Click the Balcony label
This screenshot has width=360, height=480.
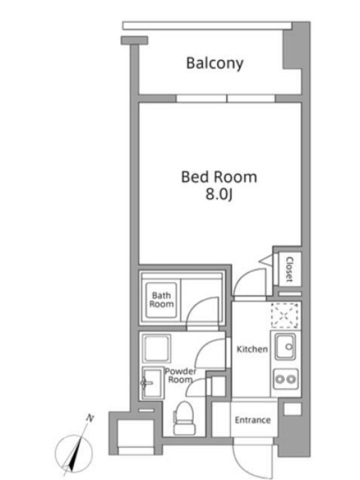pyautogui.click(x=215, y=63)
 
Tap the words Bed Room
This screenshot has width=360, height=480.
pyautogui.click(x=219, y=177)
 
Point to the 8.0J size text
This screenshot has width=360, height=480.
pyautogui.click(x=218, y=194)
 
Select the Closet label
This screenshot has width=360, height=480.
pyautogui.click(x=289, y=269)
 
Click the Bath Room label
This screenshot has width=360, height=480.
pyautogui.click(x=161, y=299)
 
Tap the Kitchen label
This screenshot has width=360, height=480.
pyautogui.click(x=252, y=349)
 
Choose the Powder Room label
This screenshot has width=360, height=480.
pyautogui.click(x=181, y=376)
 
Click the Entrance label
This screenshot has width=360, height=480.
pyautogui.click(x=253, y=419)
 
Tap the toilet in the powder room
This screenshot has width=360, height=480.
pyautogui.click(x=184, y=418)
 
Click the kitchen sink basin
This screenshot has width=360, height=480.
pyautogui.click(x=285, y=347)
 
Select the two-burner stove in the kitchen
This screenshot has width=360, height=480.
pyautogui.click(x=286, y=379)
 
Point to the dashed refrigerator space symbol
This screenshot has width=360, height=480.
pyautogui.click(x=284, y=316)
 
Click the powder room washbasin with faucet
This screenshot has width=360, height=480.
pyautogui.click(x=152, y=383)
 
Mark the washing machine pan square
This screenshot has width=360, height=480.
pyautogui.click(x=157, y=349)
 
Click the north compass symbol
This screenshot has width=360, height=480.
pyautogui.click(x=74, y=453)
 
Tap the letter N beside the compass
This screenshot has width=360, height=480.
pyautogui.click(x=90, y=418)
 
